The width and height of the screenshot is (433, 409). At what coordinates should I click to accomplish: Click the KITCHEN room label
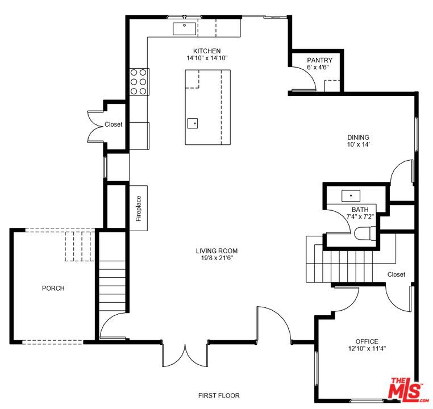(207, 51)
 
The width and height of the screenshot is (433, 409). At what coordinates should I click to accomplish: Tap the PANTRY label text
(319, 60)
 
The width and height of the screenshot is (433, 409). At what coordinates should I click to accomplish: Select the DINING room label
(359, 137)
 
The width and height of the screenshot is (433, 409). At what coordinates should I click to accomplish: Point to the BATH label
(360, 210)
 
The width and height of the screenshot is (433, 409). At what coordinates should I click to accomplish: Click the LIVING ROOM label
(216, 251)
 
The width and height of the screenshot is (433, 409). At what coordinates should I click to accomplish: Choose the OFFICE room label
(367, 341)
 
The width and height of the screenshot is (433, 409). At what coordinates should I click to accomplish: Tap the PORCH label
(53, 288)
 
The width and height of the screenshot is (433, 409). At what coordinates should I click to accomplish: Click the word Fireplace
(138, 208)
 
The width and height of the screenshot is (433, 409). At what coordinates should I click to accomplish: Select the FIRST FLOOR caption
(219, 395)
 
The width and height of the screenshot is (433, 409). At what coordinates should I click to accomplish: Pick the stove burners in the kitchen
(139, 81)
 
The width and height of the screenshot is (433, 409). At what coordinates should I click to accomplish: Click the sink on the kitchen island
(193, 122)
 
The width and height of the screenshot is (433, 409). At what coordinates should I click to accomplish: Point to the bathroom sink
(351, 196)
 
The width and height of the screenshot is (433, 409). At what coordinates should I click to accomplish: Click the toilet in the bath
(364, 233)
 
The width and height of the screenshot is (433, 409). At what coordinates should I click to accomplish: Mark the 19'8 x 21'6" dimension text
(216, 258)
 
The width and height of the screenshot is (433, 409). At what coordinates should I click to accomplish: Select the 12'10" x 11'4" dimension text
(367, 349)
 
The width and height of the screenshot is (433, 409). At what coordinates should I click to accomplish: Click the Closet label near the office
(396, 274)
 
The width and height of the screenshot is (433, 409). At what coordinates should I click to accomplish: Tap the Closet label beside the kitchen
(113, 124)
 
